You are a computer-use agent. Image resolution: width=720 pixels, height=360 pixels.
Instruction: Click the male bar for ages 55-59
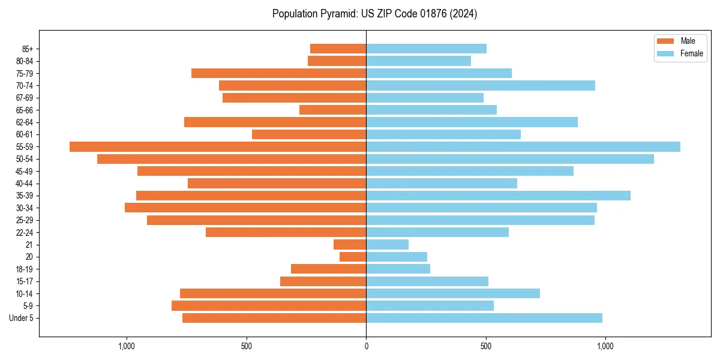[218, 146]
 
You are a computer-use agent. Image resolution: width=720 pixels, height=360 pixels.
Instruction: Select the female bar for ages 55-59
[523, 146]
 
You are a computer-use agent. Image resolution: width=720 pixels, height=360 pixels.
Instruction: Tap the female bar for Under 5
[484, 318]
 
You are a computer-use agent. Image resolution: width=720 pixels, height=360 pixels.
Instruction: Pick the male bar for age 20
[353, 257]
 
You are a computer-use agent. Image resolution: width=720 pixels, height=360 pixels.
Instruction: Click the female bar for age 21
[388, 244]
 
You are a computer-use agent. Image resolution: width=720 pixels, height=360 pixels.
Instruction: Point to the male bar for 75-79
[279, 73]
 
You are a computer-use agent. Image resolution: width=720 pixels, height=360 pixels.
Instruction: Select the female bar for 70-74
[481, 85]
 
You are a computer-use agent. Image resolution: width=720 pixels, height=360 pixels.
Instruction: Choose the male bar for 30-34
[245, 208]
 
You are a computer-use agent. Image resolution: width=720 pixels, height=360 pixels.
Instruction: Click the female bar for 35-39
[498, 196]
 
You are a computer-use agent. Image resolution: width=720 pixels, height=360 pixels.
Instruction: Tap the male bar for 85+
[338, 49]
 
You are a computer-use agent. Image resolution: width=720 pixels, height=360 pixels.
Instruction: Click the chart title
[374, 14]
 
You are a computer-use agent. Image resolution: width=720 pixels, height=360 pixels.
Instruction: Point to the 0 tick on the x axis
[366, 346]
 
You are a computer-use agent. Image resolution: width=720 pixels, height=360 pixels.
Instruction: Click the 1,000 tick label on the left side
[127, 346]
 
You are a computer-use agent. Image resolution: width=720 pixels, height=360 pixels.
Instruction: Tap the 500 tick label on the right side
[486, 346]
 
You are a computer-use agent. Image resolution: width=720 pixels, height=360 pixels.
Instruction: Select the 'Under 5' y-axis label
[22, 318]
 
